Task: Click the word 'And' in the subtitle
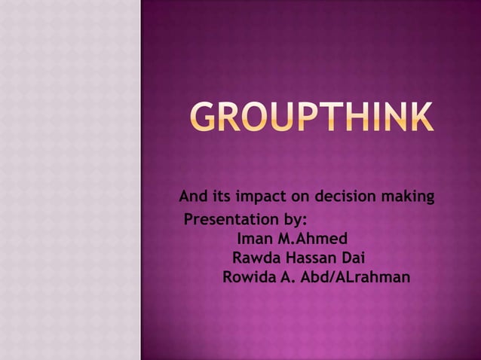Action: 192,198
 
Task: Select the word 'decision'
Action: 346,198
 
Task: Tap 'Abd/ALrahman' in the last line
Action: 355,277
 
